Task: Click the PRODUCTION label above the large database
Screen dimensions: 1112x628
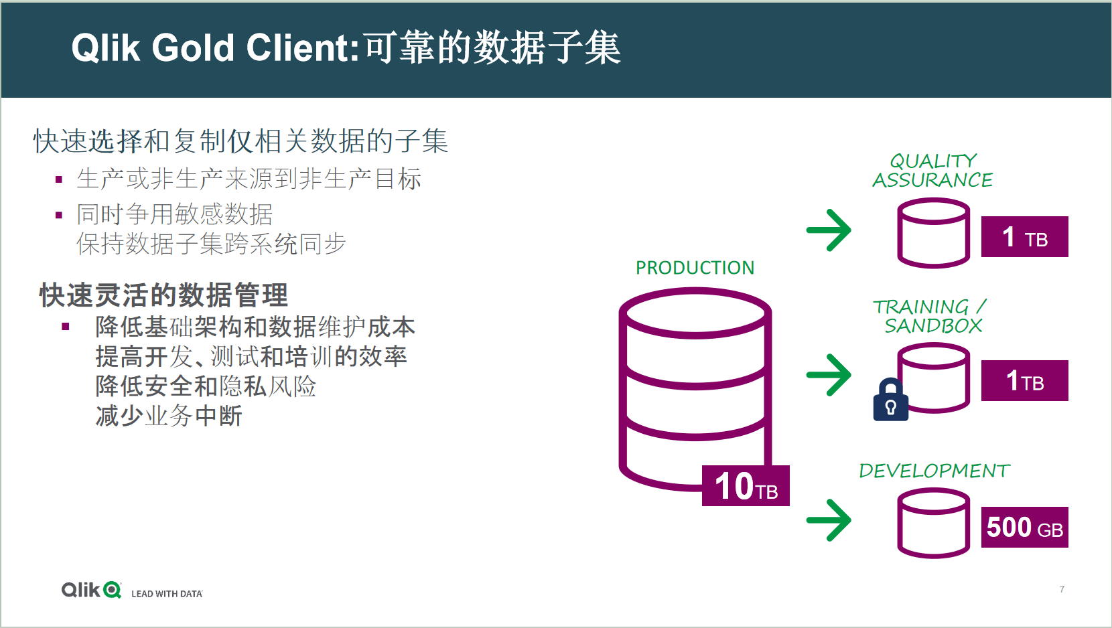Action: (x=695, y=268)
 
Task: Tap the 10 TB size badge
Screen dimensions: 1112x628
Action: (x=746, y=485)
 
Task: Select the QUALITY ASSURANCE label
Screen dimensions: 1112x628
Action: (x=932, y=171)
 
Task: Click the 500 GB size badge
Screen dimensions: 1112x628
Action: (x=1025, y=528)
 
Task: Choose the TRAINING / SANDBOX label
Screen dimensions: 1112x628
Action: (x=930, y=317)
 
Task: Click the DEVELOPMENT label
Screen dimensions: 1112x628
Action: (x=934, y=471)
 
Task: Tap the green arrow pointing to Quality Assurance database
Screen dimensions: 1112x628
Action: (x=829, y=230)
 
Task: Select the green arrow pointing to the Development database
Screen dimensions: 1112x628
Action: (x=829, y=520)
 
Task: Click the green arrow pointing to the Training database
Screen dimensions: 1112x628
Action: (x=829, y=375)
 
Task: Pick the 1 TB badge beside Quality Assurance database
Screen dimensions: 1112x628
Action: (x=1025, y=236)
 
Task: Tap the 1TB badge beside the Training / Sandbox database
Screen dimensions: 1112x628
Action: (x=1025, y=380)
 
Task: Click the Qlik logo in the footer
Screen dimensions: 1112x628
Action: (x=91, y=590)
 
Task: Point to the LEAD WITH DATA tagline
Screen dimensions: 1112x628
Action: (x=167, y=594)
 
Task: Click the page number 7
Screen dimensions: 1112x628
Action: (x=1062, y=589)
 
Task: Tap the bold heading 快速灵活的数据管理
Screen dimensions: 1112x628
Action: (x=164, y=295)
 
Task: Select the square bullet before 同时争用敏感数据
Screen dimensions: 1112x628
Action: (x=59, y=216)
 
